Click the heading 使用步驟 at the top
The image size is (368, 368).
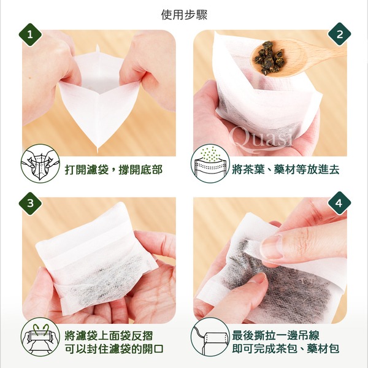(x=184, y=15)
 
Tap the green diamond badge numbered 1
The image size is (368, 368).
(x=30, y=35)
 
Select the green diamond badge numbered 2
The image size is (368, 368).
(x=339, y=34)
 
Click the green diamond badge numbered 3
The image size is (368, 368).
(x=30, y=203)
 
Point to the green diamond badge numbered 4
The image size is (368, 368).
(x=339, y=203)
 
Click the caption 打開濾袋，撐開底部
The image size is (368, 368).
(x=113, y=169)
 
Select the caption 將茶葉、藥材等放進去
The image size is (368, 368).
(x=286, y=169)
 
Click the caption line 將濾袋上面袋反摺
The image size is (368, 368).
(x=109, y=335)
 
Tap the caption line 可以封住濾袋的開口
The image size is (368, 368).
(x=114, y=349)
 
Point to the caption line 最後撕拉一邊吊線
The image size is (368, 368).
(x=275, y=335)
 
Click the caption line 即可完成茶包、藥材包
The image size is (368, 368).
(x=286, y=349)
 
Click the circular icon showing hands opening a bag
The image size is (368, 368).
(x=40, y=164)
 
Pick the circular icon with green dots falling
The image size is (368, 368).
(x=210, y=164)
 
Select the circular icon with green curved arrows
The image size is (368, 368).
(x=40, y=337)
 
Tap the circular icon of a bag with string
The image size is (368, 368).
(x=210, y=337)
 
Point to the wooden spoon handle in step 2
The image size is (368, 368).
(x=317, y=50)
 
